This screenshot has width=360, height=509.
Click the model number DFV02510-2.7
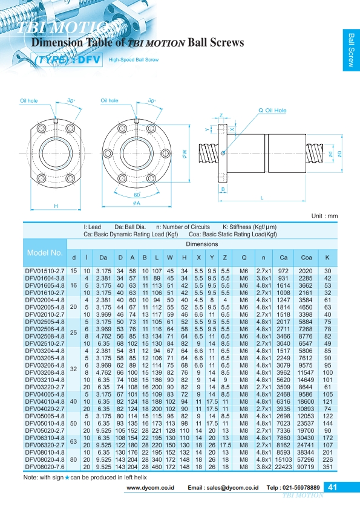pos(45,343)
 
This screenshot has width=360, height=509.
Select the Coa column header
pos(306,258)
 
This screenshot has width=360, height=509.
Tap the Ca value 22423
pos(283,467)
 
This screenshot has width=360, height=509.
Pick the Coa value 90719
pos(306,467)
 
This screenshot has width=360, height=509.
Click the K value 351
pos(327,467)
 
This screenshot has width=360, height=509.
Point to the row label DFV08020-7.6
pos(45,467)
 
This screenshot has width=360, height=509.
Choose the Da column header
pos(103,258)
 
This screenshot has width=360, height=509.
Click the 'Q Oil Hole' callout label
pos(272,111)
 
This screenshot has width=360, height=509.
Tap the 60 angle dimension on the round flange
pos(137,195)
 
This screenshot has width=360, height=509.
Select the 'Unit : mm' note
pos(324,216)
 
